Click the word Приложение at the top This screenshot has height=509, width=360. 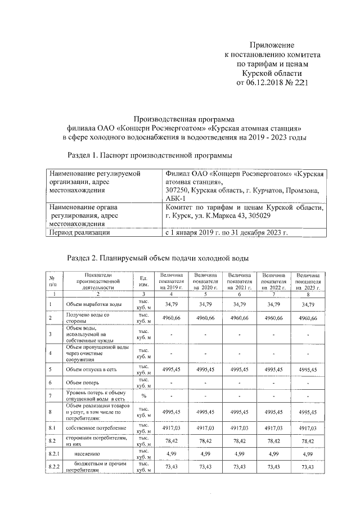click(x=272, y=45)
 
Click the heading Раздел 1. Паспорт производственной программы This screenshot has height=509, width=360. click(x=150, y=155)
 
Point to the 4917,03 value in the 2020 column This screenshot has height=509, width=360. click(x=205, y=428)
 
